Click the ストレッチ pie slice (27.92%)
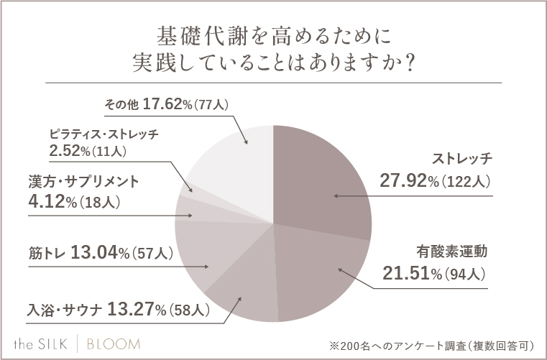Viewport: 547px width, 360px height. (x=323, y=180)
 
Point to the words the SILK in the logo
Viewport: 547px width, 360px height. (x=46, y=341)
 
